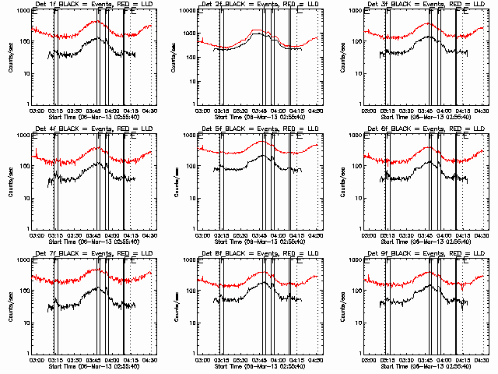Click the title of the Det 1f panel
click(x=93, y=5)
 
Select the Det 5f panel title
click(x=258, y=129)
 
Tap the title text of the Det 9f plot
click(x=424, y=254)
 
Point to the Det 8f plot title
click(x=258, y=254)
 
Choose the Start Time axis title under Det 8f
click(x=258, y=365)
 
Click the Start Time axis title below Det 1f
click(x=93, y=116)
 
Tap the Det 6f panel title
click(x=424, y=129)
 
